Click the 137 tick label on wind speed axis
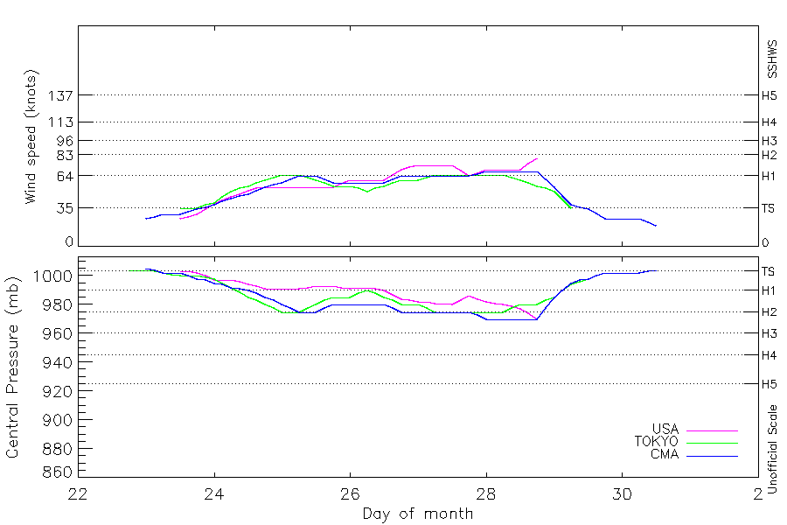[60, 95]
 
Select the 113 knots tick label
[60, 122]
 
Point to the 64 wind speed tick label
[65, 177]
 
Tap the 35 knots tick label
[65, 208]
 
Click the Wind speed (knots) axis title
[31, 136]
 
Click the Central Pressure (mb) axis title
[12, 367]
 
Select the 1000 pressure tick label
[52, 276]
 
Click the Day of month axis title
[418, 514]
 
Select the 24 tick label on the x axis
[214, 494]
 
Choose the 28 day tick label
[486, 494]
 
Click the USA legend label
[665, 429]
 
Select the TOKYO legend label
[657, 442]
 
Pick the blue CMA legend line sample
[712, 456]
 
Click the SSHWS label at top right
[772, 59]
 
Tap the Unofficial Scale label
[772, 449]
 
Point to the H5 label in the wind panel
[769, 95]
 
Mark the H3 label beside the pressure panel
[769, 333]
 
